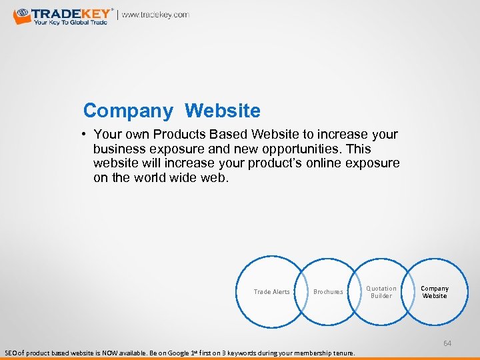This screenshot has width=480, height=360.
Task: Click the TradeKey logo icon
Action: (x=22, y=16)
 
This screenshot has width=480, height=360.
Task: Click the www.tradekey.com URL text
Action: (x=155, y=15)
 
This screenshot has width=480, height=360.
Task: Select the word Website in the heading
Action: (x=223, y=110)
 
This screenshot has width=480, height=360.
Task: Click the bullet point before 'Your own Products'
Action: (x=87, y=135)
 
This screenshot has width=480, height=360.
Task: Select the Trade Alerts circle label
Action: (x=272, y=292)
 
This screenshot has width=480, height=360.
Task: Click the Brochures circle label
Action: (x=328, y=292)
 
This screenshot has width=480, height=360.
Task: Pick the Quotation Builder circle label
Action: (x=381, y=292)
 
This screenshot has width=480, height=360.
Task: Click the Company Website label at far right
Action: (x=435, y=292)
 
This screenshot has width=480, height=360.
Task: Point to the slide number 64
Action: (x=447, y=343)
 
